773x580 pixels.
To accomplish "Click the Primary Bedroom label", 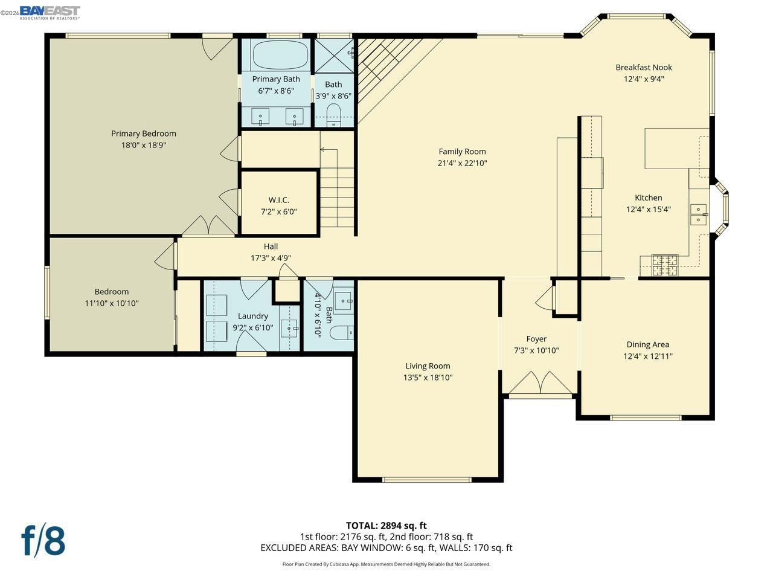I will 144,134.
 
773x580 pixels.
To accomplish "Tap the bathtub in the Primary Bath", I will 280,55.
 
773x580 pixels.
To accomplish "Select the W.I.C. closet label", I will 279,200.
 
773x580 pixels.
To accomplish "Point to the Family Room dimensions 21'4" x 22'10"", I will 462,163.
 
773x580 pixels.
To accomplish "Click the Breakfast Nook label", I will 644,68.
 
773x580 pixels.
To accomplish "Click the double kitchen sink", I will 699,214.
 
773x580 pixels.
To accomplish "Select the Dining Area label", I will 647,344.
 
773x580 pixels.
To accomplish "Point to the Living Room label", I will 428,366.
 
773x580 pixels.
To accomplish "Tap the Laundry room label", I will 253,316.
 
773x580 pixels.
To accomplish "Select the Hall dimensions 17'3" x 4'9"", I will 271,258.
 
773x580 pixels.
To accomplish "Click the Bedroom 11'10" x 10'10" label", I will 112,292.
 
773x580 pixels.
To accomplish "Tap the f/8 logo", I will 43,540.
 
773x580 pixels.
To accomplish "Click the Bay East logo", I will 50,12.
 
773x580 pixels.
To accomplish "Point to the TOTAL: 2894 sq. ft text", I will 386,526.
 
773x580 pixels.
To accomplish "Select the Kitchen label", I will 648,198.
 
